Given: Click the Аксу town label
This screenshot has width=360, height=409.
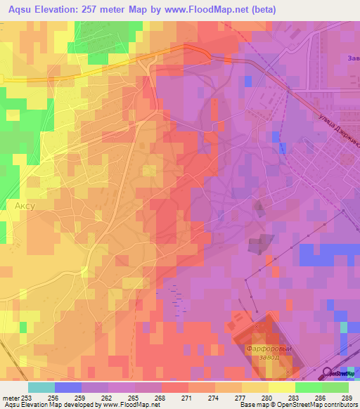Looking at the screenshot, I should coord(25,207).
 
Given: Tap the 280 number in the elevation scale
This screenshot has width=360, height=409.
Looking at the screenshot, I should coord(256,397).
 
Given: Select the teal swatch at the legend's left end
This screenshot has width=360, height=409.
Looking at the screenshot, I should coord(41,387).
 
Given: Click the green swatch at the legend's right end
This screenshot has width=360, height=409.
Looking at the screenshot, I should coord(335,387).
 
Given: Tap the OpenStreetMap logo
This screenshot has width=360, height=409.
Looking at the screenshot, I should coord(341,373).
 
